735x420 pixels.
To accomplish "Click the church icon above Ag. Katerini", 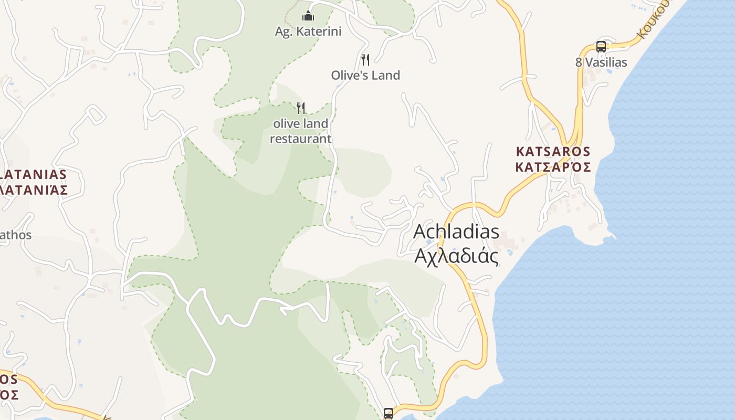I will point(308,16).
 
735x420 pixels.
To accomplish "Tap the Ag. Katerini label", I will point(308,31).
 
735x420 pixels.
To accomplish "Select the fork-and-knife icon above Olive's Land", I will point(365,59).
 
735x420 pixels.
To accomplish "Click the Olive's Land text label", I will point(365,75).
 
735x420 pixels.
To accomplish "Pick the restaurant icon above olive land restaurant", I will point(301,108).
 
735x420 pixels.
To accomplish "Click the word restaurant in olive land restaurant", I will point(300,139).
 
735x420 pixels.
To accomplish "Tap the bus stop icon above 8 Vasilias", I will point(601,47).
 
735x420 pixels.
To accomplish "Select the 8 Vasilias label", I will point(601,62).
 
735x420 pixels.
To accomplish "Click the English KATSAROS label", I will point(553,152).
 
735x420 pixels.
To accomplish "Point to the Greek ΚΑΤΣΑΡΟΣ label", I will point(553,167).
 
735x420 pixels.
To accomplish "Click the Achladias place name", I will point(456,232).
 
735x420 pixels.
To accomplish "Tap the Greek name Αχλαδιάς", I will point(456,256).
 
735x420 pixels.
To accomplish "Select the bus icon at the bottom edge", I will point(388,414).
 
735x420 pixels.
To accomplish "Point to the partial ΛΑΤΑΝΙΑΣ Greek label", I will point(34,190).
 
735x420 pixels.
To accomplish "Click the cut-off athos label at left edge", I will point(15,235).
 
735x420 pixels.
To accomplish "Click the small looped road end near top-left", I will point(96,113).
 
